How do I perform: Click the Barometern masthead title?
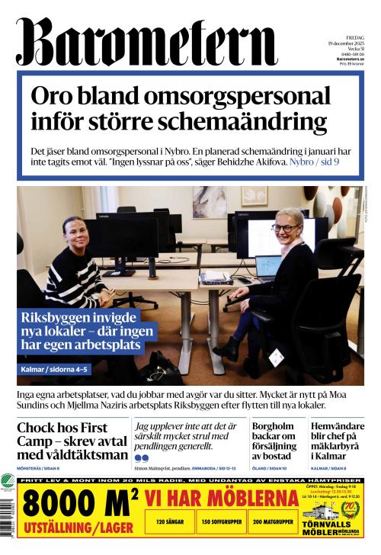145,42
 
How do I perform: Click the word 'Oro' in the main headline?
54,97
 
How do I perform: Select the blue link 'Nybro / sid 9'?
320,162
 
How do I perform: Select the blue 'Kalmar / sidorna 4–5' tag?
56,371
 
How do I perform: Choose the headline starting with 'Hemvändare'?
338,427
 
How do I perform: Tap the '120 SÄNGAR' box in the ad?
170,522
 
